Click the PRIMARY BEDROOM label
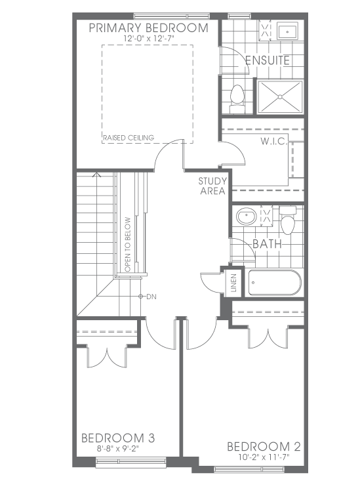(x=148, y=28)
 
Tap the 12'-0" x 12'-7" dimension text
(x=150, y=38)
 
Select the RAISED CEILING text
(x=129, y=138)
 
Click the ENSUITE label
(x=268, y=60)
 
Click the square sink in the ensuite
(x=287, y=31)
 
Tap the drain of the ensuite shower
(x=280, y=97)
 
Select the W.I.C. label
(x=273, y=141)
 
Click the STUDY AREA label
(x=212, y=186)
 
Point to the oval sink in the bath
(x=246, y=217)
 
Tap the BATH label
(x=267, y=244)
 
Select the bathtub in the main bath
(x=275, y=283)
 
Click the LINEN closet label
(x=233, y=283)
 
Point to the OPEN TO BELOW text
(x=128, y=244)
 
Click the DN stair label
(x=151, y=297)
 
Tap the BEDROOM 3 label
(x=118, y=438)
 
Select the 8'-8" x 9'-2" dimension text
(x=118, y=449)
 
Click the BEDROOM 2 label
(x=264, y=447)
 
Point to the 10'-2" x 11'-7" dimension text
(x=264, y=457)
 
